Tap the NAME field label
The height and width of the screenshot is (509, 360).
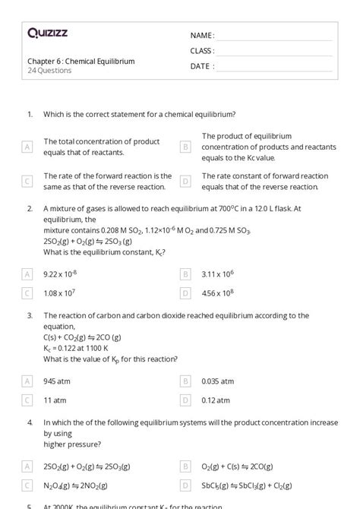click(x=202, y=36)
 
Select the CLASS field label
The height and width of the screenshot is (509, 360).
click(x=202, y=51)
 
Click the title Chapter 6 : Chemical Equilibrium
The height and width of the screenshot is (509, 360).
click(x=81, y=62)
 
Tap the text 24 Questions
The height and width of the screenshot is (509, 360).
click(x=49, y=71)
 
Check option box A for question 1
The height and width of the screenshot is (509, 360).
click(x=28, y=147)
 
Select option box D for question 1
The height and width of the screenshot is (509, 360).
click(x=185, y=182)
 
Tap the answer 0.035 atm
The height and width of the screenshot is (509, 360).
click(x=218, y=381)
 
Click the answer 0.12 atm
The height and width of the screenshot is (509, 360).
click(x=216, y=400)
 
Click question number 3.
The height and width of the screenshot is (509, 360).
click(x=30, y=315)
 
